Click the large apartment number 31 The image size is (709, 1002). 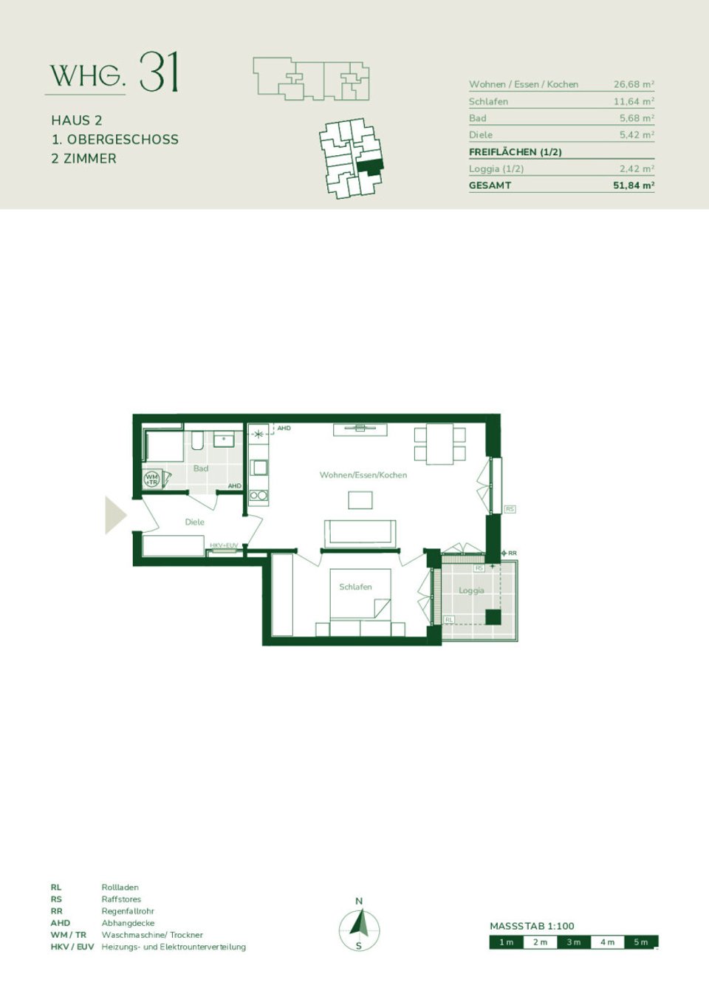tap(159, 72)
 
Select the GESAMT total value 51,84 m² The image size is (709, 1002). tap(633, 185)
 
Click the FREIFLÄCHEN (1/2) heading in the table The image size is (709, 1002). tap(515, 151)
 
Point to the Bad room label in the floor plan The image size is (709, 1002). tap(201, 468)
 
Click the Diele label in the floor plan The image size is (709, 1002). tap(194, 522)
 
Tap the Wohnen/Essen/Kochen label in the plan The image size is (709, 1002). tap(363, 475)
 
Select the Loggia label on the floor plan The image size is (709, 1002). tap(471, 590)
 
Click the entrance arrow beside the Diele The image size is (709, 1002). tap(114, 515)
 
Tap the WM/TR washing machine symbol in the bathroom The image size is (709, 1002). tap(151, 479)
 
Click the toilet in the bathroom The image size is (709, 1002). tap(197, 441)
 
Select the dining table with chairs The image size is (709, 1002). tap(440, 443)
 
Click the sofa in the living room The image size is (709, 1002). tap(360, 532)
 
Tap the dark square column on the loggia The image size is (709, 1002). tap(493, 617)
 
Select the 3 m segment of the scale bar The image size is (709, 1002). tap(574, 942)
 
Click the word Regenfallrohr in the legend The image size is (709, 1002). tap(128, 911)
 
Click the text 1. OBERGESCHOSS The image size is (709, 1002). tap(114, 140)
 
